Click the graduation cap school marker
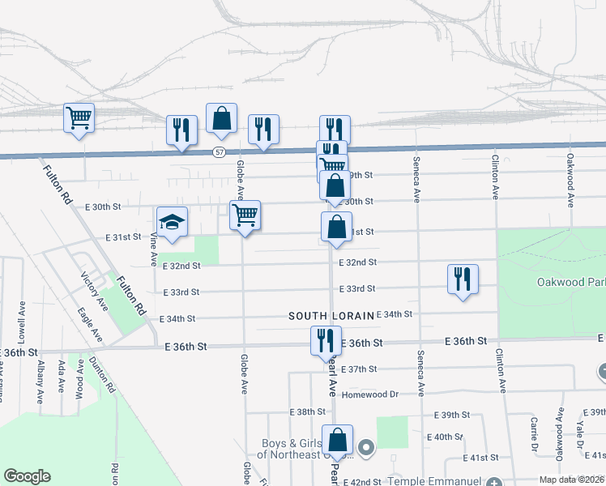(172, 223)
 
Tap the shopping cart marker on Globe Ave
(245, 216)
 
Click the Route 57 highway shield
(220, 152)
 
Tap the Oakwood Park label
(571, 282)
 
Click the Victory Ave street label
(94, 292)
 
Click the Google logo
(27, 476)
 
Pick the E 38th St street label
(308, 411)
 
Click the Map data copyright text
(570, 480)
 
